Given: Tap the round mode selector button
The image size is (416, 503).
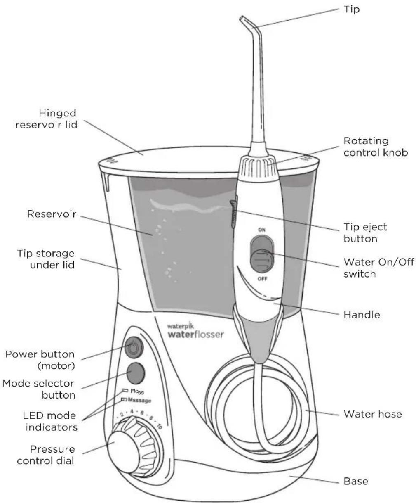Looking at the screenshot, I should [136, 373].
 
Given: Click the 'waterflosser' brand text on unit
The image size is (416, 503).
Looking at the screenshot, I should [195, 334].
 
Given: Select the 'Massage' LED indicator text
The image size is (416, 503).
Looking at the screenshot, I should [139, 400].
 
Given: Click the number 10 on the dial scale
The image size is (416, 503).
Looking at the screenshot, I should [159, 427].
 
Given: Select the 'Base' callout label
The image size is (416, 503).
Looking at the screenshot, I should [355, 481].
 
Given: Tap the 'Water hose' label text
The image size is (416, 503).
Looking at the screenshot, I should [372, 414].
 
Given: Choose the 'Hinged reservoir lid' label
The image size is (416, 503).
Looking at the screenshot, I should [46, 119].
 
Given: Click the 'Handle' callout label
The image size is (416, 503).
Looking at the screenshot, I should [362, 315].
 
